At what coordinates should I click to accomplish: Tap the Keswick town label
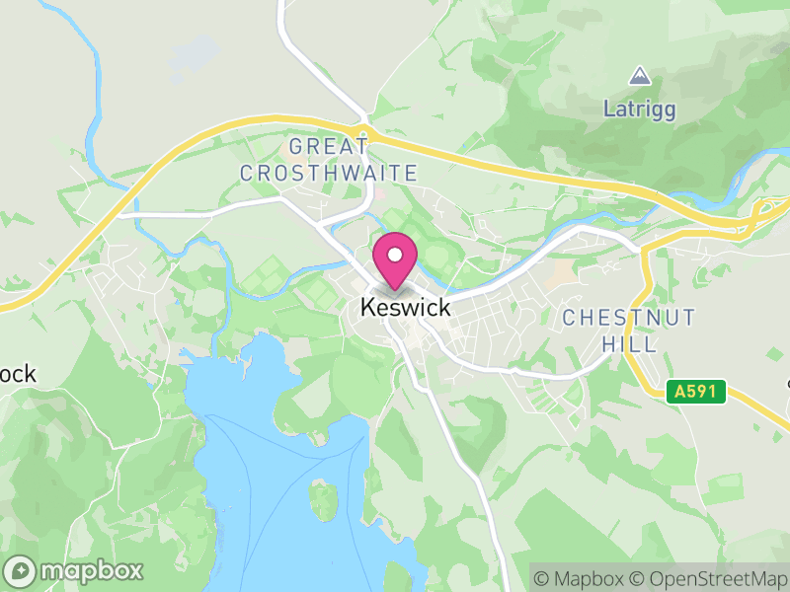(x=405, y=308)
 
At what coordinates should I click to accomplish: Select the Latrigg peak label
(x=640, y=109)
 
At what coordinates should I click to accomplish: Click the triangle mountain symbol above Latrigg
(x=640, y=76)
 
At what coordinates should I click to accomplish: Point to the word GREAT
(x=329, y=147)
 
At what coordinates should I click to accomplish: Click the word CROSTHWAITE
(x=329, y=173)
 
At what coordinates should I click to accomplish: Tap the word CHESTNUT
(x=628, y=318)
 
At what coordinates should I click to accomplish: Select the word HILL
(x=628, y=343)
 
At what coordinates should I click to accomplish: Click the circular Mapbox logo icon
(x=20, y=570)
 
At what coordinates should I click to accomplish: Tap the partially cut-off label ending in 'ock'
(x=17, y=375)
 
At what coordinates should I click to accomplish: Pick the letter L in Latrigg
(x=609, y=109)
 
